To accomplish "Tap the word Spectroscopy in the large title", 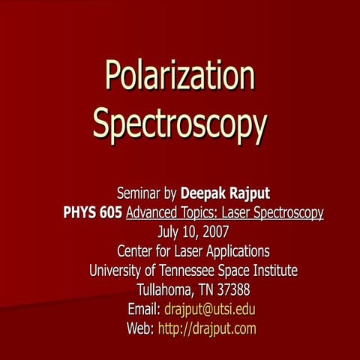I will pos(179,124).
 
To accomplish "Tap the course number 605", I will pos(111,214).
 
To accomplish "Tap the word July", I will pos(160,232).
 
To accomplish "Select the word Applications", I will pos(235,251).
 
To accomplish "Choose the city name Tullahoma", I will pos(163,289).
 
